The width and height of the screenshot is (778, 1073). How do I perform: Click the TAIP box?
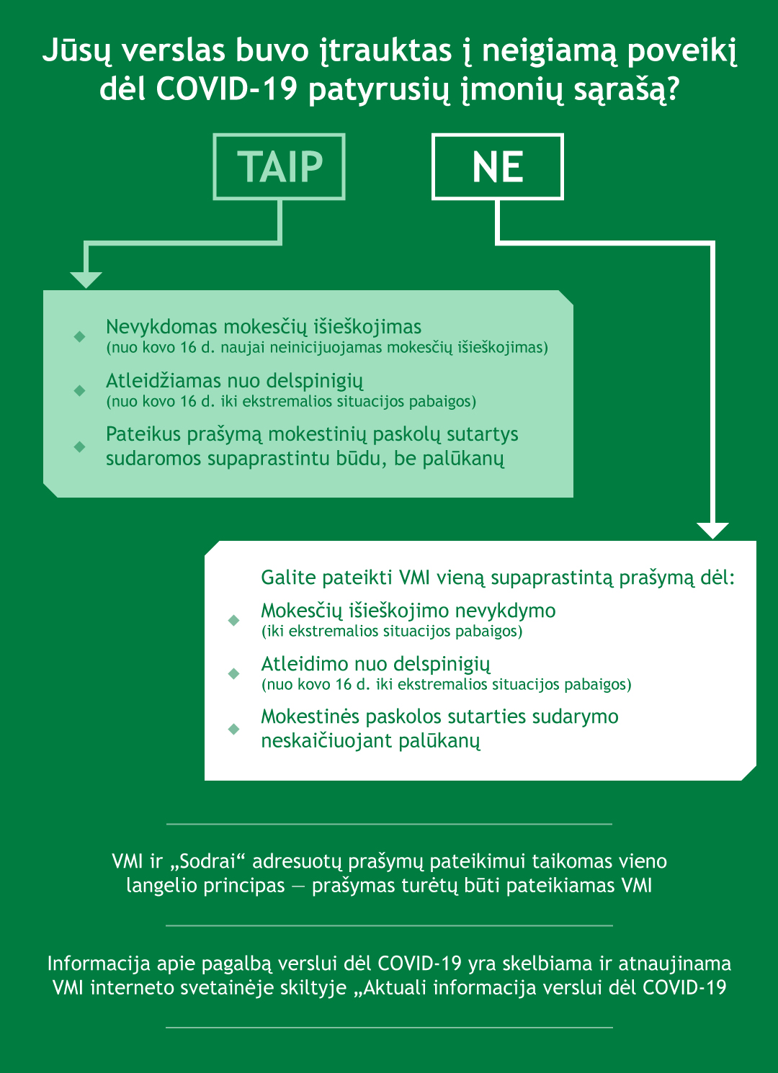280,166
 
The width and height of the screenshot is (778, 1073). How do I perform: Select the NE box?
497,166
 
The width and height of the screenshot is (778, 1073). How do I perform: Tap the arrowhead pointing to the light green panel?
86,279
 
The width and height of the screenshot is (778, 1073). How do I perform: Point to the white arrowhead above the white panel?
713,530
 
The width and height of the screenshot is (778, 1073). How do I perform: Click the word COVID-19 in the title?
226,90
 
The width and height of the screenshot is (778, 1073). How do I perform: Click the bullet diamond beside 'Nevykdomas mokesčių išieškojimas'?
80,336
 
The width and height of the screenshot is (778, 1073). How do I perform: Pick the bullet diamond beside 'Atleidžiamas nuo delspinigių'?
80,390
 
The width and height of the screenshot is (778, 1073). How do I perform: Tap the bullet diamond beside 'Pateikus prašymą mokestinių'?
80,446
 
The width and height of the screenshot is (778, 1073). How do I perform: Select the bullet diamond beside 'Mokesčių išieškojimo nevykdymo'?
233,620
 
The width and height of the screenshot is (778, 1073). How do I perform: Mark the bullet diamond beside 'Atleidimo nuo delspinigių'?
233,673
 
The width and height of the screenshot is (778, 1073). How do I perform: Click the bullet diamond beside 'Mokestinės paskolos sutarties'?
233,729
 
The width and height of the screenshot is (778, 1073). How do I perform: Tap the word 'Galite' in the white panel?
288,578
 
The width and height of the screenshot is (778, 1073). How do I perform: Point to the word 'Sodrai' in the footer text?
207,861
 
